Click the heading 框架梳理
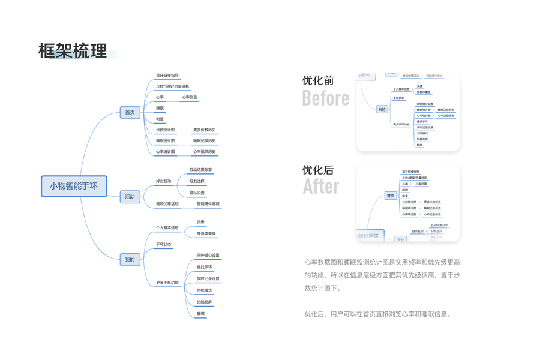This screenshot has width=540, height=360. tap(73, 51)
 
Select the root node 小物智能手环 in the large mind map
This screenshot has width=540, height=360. tap(73, 186)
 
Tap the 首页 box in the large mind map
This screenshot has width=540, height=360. tap(130, 112)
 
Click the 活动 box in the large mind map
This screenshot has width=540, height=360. tap(130, 197)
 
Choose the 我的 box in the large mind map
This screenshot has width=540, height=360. tap(130, 260)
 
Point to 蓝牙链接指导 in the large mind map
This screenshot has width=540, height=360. tap(167, 76)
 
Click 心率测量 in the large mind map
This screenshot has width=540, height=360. tap(189, 97)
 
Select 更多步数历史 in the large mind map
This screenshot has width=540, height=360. tap(204, 130)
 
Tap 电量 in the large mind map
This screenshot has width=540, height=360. tap(160, 119)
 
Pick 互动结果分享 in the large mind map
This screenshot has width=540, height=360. tap(200, 170)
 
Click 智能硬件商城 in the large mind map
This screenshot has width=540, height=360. tap(208, 204)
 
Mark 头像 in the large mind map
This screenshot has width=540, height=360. tap(200, 222)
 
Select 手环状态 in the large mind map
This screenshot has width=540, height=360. tap(164, 244)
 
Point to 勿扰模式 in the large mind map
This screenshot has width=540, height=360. tap(204, 290)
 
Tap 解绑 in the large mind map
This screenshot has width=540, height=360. tap(200, 313)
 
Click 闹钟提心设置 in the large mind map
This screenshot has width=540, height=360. tap(208, 255)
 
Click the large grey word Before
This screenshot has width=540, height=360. tap(325, 98)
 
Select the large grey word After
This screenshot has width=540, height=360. tap(320, 187)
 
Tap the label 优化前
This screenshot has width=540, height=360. tap(318, 80)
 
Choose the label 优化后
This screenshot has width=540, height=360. tap(318, 170)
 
